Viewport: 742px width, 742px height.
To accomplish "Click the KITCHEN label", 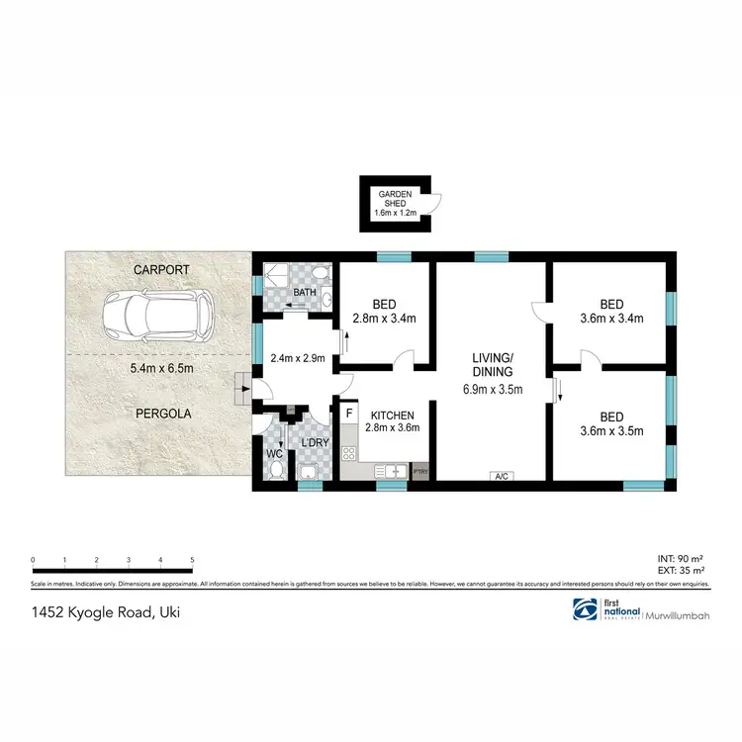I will (x=393, y=416).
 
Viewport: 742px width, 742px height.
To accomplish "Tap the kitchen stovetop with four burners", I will (x=349, y=455).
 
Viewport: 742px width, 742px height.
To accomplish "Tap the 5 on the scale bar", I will (x=192, y=560).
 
